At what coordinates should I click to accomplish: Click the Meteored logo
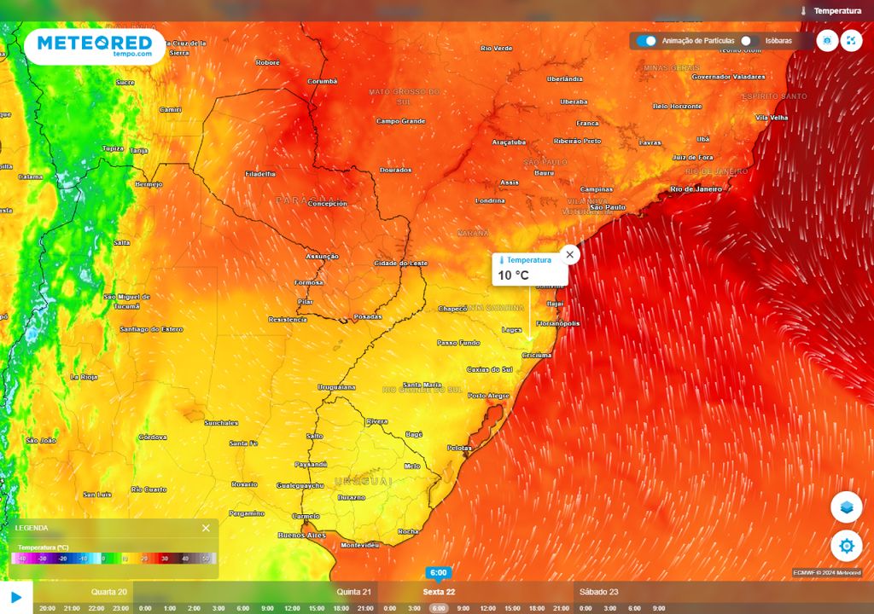[94, 46]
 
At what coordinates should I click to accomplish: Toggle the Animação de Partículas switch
[647, 40]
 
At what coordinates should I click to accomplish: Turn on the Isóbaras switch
[749, 40]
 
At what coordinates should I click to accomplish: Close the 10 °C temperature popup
[570, 254]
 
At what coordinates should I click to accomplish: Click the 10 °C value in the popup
[514, 275]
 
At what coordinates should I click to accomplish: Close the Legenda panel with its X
[206, 528]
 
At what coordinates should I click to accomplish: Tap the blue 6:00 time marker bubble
[438, 573]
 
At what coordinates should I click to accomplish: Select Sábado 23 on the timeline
[598, 592]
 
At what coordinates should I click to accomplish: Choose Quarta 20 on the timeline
[109, 592]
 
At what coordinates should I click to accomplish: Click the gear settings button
[846, 546]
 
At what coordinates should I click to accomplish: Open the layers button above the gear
[846, 507]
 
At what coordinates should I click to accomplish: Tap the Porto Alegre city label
[488, 396]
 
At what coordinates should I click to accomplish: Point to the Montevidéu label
[359, 545]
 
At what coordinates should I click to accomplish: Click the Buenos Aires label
[302, 535]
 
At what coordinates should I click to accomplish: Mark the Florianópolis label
[559, 324]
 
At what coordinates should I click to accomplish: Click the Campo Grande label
[400, 121]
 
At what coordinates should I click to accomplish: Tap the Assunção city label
[323, 257]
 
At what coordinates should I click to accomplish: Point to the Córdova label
[153, 437]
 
